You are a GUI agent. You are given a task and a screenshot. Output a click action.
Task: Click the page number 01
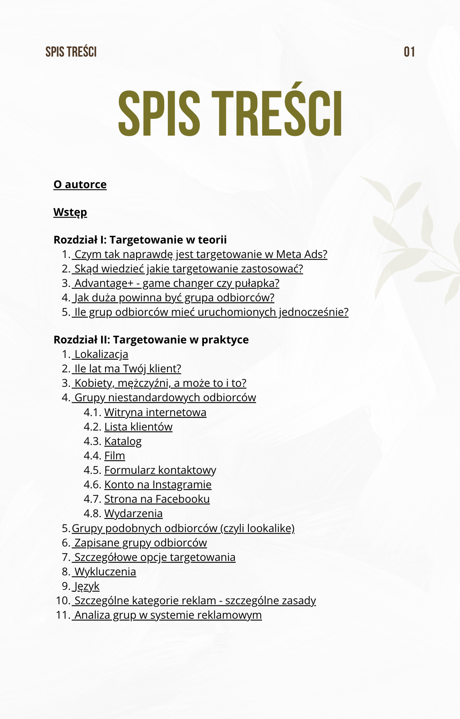(409, 52)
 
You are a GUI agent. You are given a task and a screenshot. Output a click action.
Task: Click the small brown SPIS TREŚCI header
(71, 52)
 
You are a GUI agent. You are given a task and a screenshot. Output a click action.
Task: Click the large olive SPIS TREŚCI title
(230, 114)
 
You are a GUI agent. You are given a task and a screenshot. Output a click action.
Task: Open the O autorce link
(80, 185)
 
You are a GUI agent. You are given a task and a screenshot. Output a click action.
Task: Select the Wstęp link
(70, 212)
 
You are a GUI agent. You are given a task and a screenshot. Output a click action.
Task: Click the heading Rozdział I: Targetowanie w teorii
(140, 240)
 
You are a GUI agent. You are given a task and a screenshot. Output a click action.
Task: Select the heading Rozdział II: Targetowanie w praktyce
(151, 340)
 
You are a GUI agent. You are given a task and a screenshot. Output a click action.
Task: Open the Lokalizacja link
(101, 355)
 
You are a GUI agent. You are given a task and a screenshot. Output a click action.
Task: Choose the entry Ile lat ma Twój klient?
(127, 369)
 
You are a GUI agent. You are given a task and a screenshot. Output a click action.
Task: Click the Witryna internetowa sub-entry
(155, 412)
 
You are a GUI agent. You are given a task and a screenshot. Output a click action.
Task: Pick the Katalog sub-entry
(123, 441)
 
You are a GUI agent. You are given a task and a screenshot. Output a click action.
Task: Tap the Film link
(114, 456)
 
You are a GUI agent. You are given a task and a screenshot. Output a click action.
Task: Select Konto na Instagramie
(158, 485)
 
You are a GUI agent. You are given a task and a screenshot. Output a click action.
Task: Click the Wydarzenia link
(133, 514)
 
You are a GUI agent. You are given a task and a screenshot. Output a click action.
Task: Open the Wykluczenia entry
(105, 572)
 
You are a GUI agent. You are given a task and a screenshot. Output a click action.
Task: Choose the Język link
(86, 586)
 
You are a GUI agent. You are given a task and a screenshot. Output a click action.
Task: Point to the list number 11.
(63, 615)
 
